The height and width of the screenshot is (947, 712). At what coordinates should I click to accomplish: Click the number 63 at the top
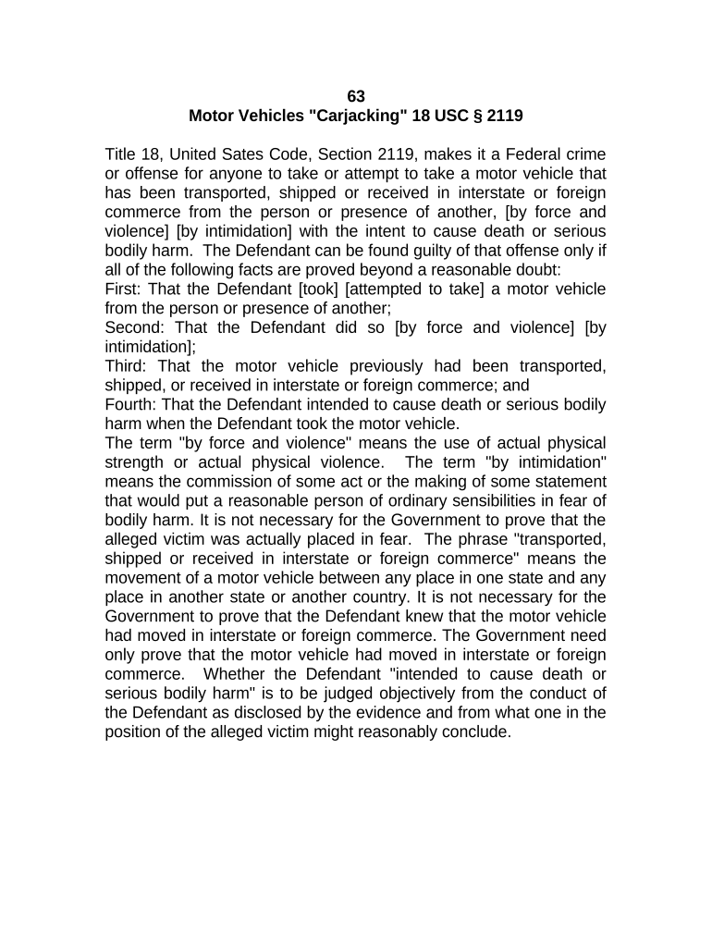tap(356, 96)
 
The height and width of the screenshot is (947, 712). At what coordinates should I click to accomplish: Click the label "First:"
tap(124, 289)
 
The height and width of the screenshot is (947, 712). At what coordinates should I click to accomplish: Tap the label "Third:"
tap(126, 366)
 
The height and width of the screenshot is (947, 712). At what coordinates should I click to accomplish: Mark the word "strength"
tap(136, 462)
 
